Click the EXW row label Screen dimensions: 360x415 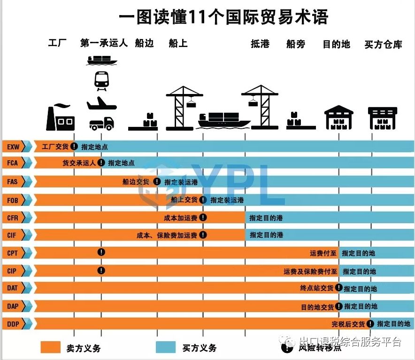click(x=13, y=147)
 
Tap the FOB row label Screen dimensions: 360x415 click(x=13, y=200)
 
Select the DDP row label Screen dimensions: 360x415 click(x=13, y=323)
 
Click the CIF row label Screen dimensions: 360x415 click(x=13, y=235)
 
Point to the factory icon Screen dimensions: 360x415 click(x=60, y=117)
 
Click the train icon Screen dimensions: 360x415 click(x=101, y=80)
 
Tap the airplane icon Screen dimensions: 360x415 click(x=101, y=103)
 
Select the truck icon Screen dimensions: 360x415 click(x=101, y=123)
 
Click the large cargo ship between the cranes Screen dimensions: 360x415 click(x=224, y=120)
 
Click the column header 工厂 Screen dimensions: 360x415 click(x=57, y=44)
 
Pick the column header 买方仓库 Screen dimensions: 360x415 click(x=383, y=45)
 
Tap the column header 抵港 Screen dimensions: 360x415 click(x=260, y=44)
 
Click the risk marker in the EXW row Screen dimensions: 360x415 click(x=74, y=147)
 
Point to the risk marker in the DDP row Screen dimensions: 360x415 click(x=370, y=323)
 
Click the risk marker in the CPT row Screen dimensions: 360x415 click(x=101, y=252)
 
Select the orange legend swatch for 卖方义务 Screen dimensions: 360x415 click(x=50, y=347)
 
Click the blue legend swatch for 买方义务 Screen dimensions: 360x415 click(x=166, y=347)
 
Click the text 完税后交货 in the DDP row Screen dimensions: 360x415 click(x=348, y=324)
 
